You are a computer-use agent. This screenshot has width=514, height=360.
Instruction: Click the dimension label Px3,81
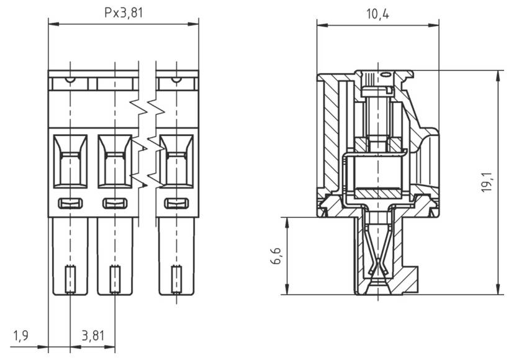[123, 13]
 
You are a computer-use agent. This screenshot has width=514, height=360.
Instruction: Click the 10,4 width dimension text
[377, 13]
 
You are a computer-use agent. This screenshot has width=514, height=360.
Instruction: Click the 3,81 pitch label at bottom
[92, 336]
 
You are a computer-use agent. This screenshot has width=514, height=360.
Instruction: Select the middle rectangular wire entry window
[114, 160]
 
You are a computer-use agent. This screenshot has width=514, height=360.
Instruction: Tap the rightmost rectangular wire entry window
[176, 160]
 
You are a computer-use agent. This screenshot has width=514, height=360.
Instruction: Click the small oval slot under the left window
[70, 203]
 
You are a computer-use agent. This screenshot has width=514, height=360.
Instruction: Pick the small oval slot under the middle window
[114, 203]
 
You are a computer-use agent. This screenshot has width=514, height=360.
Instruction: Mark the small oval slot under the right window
[176, 203]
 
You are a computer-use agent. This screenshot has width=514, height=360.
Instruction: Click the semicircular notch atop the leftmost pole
[70, 79]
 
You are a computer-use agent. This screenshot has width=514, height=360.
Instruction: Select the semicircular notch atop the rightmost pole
[176, 79]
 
